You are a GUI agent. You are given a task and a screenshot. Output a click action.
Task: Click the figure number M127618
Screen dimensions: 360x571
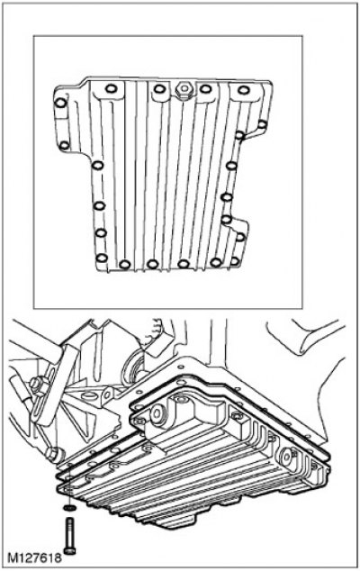point(34,557)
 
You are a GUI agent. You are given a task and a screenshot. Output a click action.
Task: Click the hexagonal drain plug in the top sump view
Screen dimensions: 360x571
point(184,89)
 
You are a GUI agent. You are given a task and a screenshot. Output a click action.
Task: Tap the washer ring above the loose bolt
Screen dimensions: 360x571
point(69,507)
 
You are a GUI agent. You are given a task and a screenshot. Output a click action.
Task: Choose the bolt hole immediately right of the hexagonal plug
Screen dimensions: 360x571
point(206,88)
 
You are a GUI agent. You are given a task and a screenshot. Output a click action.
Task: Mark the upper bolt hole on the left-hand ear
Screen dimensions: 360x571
point(60,103)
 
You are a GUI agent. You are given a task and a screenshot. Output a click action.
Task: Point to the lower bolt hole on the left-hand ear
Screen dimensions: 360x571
point(64,146)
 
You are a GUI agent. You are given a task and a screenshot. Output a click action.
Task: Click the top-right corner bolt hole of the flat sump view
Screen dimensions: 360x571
point(244,90)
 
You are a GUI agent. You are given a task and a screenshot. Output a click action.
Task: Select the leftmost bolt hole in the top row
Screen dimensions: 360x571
point(111,88)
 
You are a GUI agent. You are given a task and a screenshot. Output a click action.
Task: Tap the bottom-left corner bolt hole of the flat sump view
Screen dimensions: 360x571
point(102,258)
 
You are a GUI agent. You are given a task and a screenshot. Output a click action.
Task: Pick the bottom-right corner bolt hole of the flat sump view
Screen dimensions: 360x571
point(235,261)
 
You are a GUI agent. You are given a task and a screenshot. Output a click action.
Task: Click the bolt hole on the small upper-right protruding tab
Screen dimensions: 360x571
point(262,124)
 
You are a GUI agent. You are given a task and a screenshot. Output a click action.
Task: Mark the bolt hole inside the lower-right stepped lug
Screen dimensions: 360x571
point(240,237)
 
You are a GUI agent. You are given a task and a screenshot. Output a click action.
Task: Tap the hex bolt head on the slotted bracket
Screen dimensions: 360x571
point(35,385)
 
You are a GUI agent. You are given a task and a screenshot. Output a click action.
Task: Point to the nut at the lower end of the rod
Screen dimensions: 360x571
point(53,453)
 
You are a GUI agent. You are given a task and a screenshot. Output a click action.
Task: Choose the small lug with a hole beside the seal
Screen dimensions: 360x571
point(107,394)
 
